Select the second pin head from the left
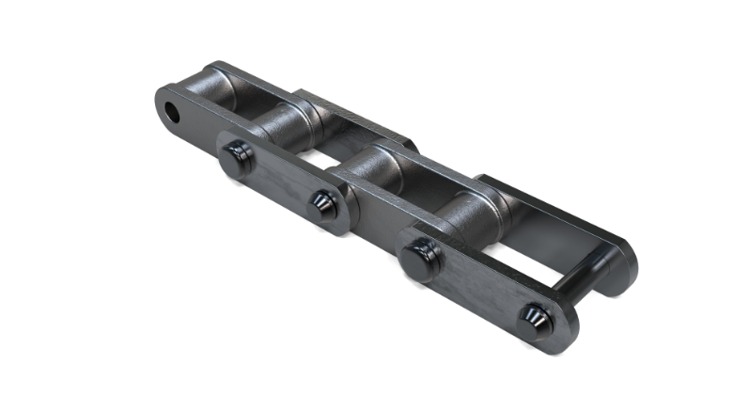pyautogui.click(x=323, y=204)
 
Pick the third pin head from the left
pyautogui.click(x=422, y=257)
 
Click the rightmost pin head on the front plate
pyautogui.click(x=537, y=317)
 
